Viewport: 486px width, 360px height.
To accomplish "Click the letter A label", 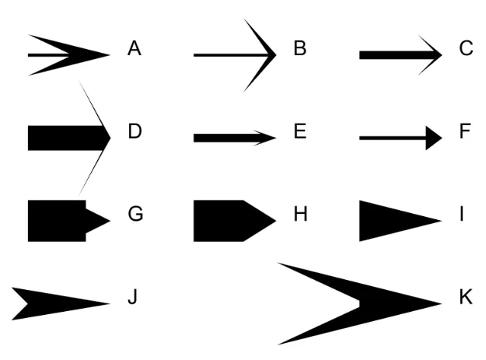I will pyautogui.click(x=135, y=49).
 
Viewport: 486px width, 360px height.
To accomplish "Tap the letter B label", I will pyautogui.click(x=300, y=49).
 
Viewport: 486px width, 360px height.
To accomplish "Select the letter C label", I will pyautogui.click(x=466, y=49).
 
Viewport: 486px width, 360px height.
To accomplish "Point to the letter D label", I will pyautogui.click(x=135, y=131).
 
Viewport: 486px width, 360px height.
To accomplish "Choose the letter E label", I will pyautogui.click(x=300, y=131).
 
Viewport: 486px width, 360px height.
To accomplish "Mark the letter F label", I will pyautogui.click(x=466, y=131).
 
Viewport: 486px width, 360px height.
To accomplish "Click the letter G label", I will pyautogui.click(x=135, y=215).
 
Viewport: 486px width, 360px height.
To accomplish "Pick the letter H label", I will pyautogui.click(x=300, y=215).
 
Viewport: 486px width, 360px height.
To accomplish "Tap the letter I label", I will pyautogui.click(x=462, y=215).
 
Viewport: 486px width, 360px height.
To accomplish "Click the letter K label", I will pyautogui.click(x=466, y=297).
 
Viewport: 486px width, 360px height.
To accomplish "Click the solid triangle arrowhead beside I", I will pyautogui.click(x=389, y=221).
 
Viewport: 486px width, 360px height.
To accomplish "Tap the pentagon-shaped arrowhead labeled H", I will pyautogui.click(x=229, y=221).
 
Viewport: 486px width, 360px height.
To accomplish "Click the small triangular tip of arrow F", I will pyautogui.click(x=433, y=138).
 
